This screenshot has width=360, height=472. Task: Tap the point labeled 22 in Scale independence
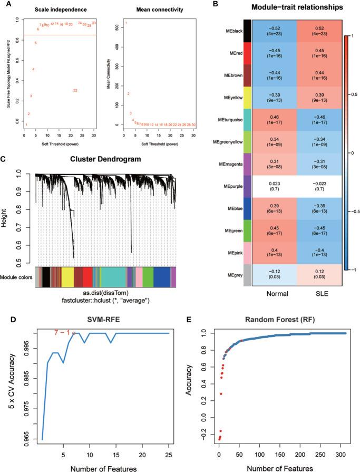click(x=75, y=90)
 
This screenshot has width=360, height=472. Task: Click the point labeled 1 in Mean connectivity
click(x=126, y=23)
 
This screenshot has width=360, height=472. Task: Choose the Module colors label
click(x=17, y=277)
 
